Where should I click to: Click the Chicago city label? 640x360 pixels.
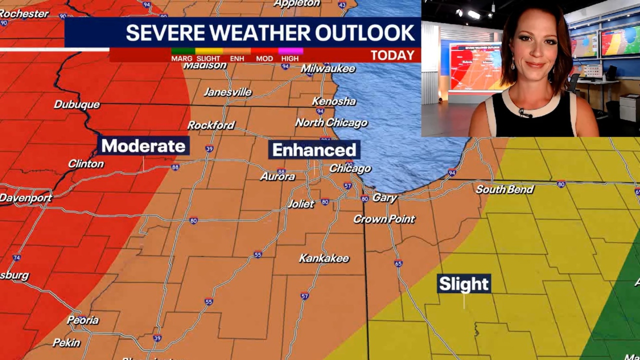click(350, 168)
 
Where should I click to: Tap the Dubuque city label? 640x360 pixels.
click(77, 104)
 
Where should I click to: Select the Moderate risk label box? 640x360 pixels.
click(143, 146)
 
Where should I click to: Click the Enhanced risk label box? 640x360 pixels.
click(314, 149)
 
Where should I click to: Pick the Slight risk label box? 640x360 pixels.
click(463, 284)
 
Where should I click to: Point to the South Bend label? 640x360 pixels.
click(504, 189)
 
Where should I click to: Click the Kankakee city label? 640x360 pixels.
click(324, 258)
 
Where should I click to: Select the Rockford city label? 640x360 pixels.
click(211, 125)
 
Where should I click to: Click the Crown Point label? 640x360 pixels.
click(384, 219)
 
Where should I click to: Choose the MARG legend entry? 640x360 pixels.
click(181, 58)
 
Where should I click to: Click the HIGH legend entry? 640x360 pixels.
click(290, 58)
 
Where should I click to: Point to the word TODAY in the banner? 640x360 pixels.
click(392, 55)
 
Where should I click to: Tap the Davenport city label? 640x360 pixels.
click(26, 198)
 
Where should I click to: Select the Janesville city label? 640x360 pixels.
click(227, 92)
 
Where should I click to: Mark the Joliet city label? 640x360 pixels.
click(301, 204)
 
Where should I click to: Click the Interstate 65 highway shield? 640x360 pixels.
click(398, 263)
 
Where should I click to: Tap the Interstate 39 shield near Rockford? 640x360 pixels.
click(209, 148)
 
